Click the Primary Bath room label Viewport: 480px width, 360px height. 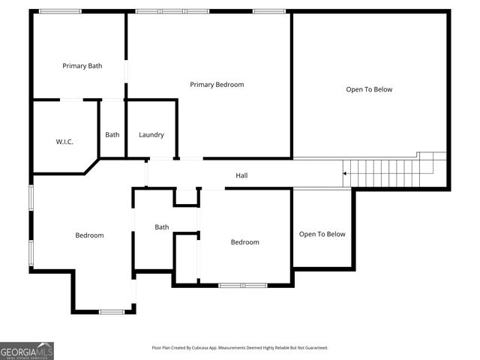point(82,66)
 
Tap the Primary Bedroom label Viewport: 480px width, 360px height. point(217,85)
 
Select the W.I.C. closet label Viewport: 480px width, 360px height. point(64,142)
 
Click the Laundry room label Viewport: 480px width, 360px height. point(151,135)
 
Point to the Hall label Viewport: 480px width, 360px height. point(241,175)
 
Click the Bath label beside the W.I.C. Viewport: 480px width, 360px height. point(112,135)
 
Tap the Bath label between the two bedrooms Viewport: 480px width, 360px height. point(162,227)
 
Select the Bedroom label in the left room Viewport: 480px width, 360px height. point(89,235)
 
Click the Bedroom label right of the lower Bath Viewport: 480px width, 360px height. point(244,242)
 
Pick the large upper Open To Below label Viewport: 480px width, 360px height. point(369,89)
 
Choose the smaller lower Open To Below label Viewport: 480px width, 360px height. point(322,234)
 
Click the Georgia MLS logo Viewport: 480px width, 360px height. point(27,350)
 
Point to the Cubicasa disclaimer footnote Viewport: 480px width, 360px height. point(240,348)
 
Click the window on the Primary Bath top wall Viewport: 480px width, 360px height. point(60,11)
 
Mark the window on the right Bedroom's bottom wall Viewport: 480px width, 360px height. point(243,285)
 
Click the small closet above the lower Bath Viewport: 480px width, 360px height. point(186,196)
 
